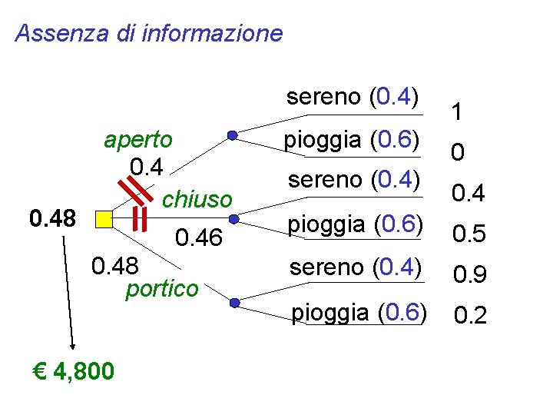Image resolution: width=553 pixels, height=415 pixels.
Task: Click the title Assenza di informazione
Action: [x=149, y=34]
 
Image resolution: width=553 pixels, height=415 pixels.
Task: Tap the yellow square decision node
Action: [x=103, y=220]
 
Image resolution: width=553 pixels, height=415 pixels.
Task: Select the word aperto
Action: [x=138, y=140]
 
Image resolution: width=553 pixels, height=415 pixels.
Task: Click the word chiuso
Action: [x=197, y=200]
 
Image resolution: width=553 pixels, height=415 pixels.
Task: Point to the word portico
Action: [x=161, y=289]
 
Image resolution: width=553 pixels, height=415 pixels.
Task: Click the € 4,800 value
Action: [x=75, y=372]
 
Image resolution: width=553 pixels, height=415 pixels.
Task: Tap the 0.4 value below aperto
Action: [x=146, y=165]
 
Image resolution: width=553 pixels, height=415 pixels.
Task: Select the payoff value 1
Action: [x=456, y=114]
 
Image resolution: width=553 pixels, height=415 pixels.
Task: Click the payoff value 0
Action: [x=457, y=154]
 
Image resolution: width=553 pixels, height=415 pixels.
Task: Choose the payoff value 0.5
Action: [x=469, y=234]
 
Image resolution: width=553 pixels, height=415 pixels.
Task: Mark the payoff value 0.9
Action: [x=469, y=274]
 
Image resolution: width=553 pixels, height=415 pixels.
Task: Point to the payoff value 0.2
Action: [x=470, y=315]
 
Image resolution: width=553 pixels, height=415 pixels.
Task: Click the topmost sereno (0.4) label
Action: [x=353, y=98]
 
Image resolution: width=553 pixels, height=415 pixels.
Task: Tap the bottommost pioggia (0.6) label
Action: [x=357, y=313]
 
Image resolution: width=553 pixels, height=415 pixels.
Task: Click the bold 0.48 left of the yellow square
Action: [x=52, y=219]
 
